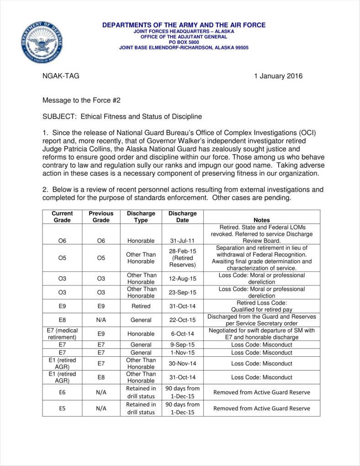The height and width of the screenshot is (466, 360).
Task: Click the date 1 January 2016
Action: click(x=278, y=76)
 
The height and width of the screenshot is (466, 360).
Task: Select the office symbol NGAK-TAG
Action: click(x=61, y=76)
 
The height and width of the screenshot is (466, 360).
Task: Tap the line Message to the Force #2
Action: click(x=81, y=100)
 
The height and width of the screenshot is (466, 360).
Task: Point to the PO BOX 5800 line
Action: click(x=184, y=42)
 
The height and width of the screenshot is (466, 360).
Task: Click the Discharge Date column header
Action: click(x=182, y=217)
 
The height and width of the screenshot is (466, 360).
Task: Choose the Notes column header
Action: click(x=261, y=220)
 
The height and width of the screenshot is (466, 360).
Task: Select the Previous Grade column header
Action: click(x=101, y=217)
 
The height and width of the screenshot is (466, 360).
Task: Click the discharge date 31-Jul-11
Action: click(x=182, y=241)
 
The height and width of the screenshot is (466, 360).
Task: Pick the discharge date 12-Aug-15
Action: click(x=182, y=279)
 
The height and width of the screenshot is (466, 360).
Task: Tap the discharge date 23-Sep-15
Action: click(x=182, y=293)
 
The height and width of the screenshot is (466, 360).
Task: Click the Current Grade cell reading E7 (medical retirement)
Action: click(x=62, y=334)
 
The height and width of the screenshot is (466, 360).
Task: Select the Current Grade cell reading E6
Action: click(x=62, y=392)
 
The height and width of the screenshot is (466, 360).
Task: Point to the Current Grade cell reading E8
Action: click(x=62, y=320)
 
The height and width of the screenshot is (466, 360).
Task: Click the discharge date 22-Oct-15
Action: click(x=182, y=320)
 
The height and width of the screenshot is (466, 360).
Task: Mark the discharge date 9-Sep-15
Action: click(x=182, y=344)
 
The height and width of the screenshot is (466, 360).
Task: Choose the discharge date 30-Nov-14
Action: click(x=182, y=364)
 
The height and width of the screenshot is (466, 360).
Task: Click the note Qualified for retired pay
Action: click(x=261, y=310)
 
